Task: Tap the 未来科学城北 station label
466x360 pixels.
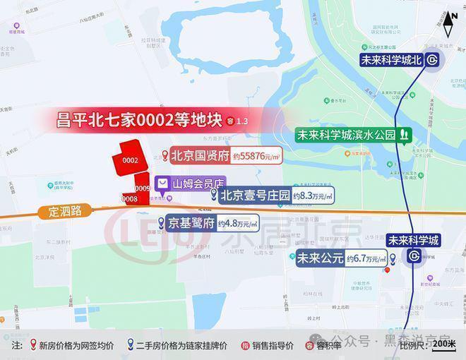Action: (390, 60)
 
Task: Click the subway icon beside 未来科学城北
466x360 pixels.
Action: (431, 60)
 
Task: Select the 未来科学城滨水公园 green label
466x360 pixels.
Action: (346, 134)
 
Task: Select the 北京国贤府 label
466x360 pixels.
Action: (201, 156)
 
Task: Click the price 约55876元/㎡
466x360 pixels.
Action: (257, 156)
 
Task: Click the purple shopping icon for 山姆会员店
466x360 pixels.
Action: (163, 183)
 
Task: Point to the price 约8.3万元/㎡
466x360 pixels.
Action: (313, 196)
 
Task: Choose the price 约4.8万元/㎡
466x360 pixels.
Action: (237, 224)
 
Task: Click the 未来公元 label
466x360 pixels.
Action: (320, 258)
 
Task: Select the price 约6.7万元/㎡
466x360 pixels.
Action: (366, 258)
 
